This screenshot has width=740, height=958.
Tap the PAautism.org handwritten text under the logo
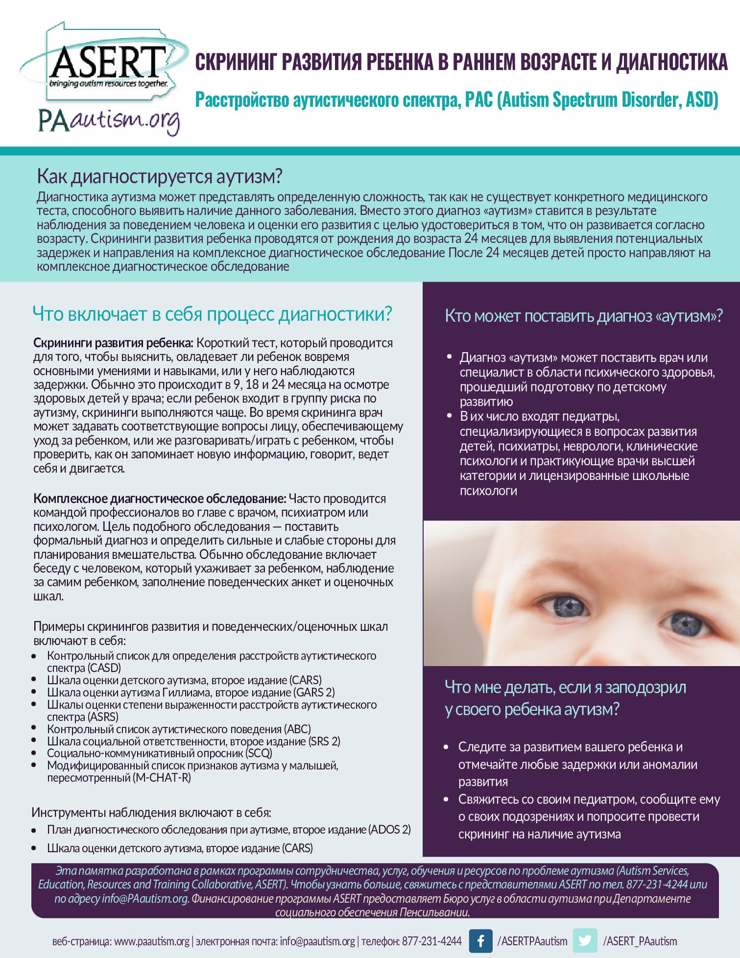tap(109, 120)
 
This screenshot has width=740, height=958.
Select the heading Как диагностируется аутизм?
tap(160, 176)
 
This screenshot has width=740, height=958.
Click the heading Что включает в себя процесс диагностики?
tap(212, 314)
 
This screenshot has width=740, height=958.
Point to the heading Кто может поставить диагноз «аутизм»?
tap(583, 316)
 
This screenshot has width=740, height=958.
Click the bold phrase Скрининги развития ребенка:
tap(113, 343)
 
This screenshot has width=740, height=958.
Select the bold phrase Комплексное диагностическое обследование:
tap(160, 499)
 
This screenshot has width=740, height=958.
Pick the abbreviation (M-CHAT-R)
tap(161, 778)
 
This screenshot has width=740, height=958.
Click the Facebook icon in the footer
tap(480, 941)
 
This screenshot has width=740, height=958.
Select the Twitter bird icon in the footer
tap(585, 941)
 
